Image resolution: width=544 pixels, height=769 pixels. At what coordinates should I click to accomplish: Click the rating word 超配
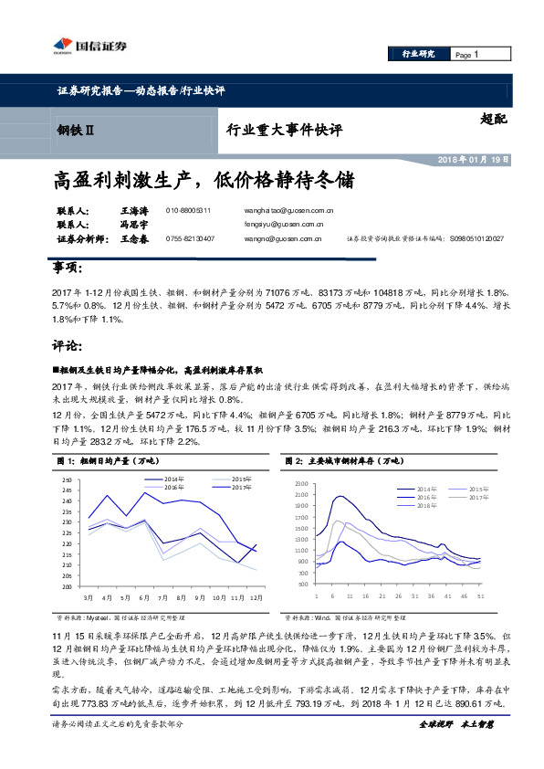pos(493,118)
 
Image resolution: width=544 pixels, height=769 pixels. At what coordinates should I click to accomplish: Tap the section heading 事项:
pos(65,269)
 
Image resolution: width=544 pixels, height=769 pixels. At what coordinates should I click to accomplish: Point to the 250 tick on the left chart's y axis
pos(66,480)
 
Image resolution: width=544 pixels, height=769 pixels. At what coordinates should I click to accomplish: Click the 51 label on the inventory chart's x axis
pos(479,594)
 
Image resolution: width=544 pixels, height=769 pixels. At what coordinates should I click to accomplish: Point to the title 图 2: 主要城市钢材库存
pos(344,461)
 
